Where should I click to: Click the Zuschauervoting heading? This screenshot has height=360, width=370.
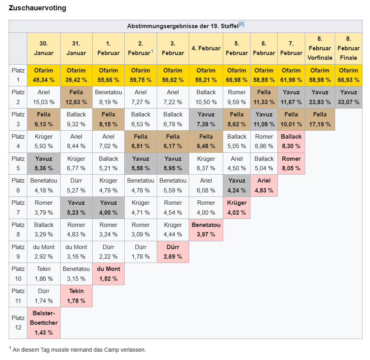coord(37,8)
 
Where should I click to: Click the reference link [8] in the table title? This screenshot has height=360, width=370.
coord(241,25)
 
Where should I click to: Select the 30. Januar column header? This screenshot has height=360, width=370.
coord(44,48)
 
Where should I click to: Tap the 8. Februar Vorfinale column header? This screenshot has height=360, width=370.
coord(319,48)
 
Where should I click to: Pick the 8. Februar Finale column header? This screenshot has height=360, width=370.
coord(348,48)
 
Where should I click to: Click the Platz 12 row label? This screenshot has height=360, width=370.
coord(18,323)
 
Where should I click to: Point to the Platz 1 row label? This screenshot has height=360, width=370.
coord(18,75)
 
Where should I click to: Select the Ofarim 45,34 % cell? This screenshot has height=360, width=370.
coord(44,75)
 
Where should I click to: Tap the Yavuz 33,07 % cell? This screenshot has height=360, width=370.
coord(348,97)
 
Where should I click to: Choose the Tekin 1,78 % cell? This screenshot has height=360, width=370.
coord(76,296)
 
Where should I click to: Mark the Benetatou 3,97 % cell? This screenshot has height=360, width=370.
coord(206,230)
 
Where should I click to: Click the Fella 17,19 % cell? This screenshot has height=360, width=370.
coord(319,120)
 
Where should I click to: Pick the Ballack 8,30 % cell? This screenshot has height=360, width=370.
coord(291,141)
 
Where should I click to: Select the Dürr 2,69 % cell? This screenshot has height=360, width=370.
coord(173,252)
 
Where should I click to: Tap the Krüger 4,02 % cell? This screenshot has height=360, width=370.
coord(237,208)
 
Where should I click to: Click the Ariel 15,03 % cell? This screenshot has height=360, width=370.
coord(44,97)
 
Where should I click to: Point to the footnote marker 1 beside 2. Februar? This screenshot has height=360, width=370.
coord(152,51)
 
